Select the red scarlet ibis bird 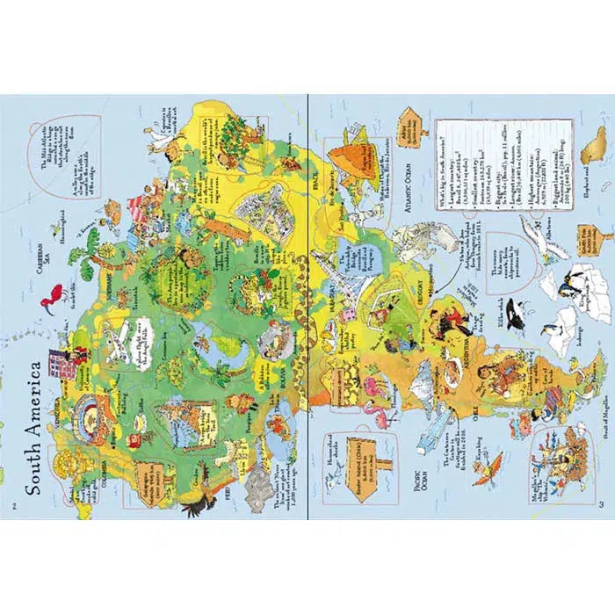[59, 295]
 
